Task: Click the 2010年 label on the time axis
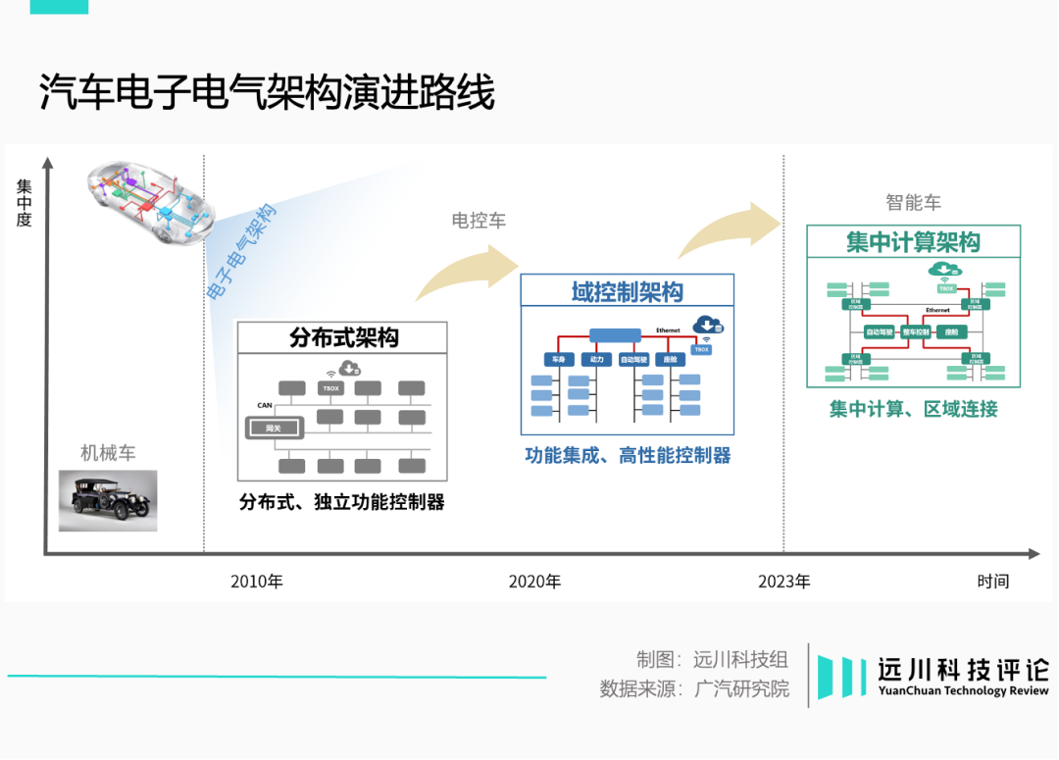click(257, 582)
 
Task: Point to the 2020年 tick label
click(534, 582)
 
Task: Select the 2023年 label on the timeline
click(784, 582)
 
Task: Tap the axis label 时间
click(992, 582)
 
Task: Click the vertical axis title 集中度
click(24, 203)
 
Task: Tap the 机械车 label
click(108, 453)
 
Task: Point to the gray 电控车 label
click(479, 221)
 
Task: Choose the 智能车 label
click(913, 203)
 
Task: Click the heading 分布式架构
click(343, 338)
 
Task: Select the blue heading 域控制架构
click(627, 292)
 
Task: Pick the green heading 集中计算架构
click(913, 242)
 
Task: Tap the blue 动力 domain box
click(596, 360)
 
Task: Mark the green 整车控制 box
click(915, 332)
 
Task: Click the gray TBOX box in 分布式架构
click(330, 388)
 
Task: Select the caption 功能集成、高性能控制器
click(628, 455)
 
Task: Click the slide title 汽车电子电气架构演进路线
click(267, 94)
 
